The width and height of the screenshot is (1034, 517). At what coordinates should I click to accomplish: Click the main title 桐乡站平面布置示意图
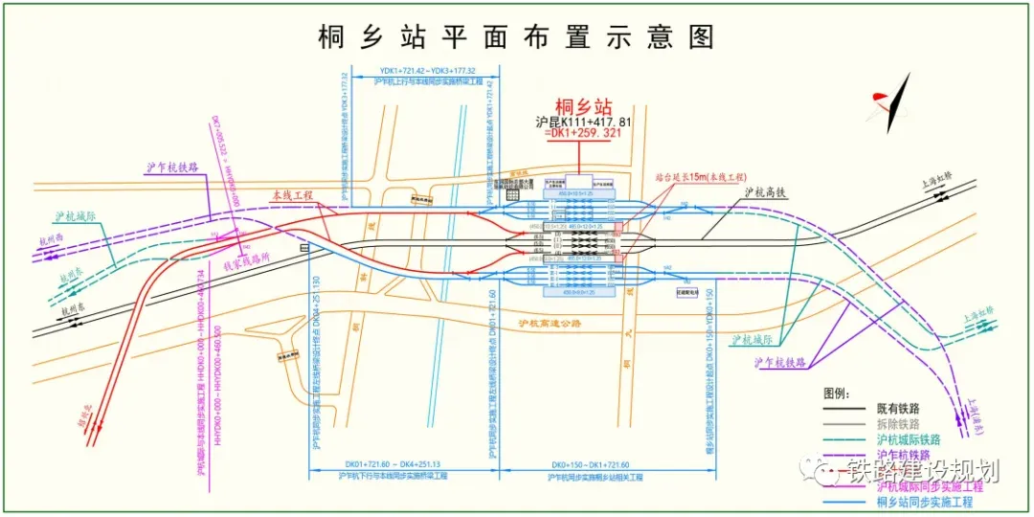[x=516, y=36]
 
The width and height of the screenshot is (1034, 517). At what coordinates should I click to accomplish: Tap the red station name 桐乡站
[x=583, y=106]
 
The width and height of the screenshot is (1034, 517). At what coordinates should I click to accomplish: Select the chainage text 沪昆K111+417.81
[x=584, y=123]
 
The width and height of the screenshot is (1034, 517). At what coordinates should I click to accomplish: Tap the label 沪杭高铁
[x=765, y=192]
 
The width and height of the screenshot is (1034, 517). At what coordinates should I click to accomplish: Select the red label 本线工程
[x=292, y=195]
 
